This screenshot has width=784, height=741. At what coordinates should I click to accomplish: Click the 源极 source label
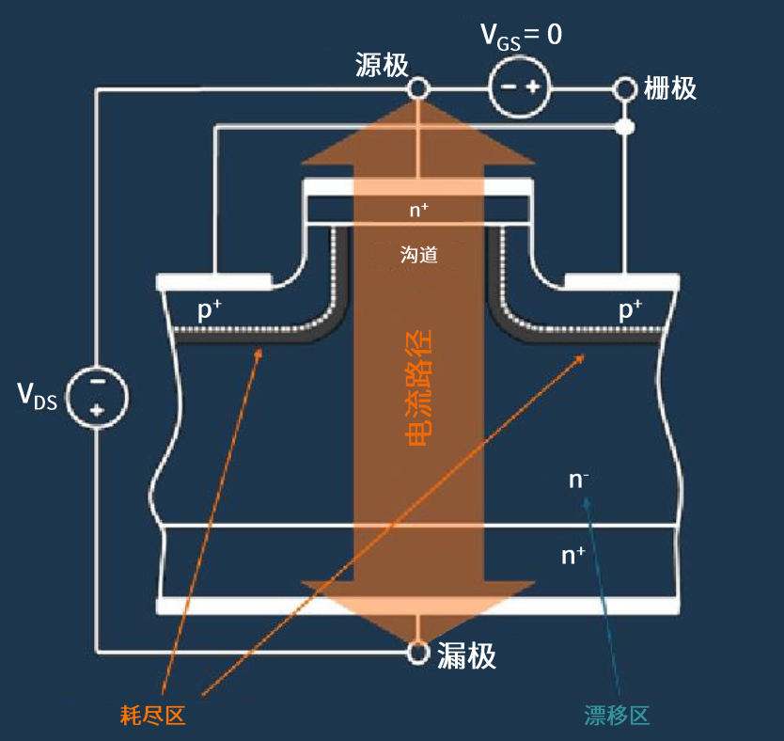pos(382,65)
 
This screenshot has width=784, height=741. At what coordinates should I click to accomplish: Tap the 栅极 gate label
pos(670,88)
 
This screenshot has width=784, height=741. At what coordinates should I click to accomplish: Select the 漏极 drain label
pos(466,655)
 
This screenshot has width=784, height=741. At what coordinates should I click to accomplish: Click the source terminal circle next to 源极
pos(417,88)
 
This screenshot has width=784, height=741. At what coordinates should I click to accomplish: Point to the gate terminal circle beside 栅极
pos(624,88)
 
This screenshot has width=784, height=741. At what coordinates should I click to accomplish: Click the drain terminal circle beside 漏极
pos(417,651)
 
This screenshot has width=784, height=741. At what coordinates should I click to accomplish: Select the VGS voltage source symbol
pos(520,88)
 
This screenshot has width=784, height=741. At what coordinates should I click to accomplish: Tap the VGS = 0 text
pos(522,36)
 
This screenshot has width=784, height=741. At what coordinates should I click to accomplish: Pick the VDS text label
pos(38,396)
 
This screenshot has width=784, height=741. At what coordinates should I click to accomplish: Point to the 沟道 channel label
pos(419,254)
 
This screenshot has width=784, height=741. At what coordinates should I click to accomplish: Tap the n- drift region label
pos(579,481)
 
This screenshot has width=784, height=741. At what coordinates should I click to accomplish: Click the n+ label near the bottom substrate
pos(573,556)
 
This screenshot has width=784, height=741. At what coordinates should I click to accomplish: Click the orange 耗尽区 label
pos(153,716)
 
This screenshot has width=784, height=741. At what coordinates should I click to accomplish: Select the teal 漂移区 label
pos(617,716)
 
